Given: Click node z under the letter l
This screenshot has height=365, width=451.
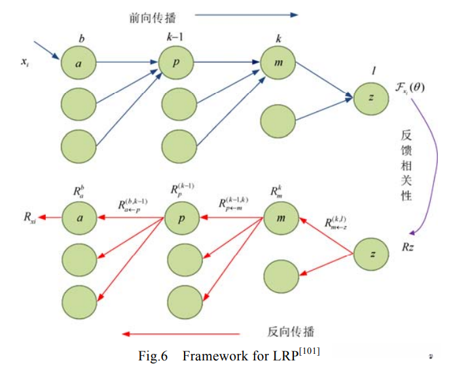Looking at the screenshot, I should click(371, 98).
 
